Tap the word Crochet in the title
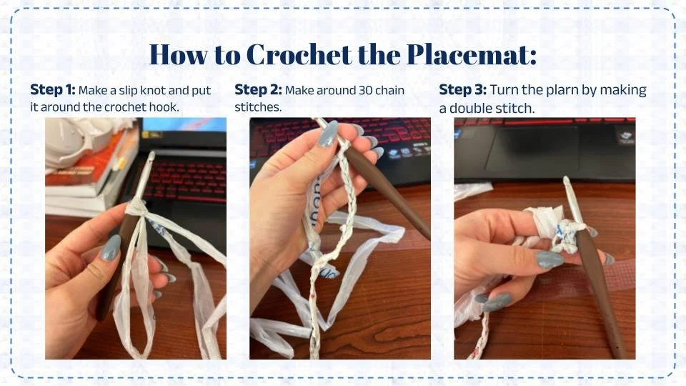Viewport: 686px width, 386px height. [299, 54]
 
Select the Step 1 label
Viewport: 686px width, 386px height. [52, 90]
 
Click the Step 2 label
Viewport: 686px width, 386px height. [258, 90]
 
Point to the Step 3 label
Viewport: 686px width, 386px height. [462, 90]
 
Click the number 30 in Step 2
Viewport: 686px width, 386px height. [366, 91]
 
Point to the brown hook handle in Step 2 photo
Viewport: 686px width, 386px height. [387, 189]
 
